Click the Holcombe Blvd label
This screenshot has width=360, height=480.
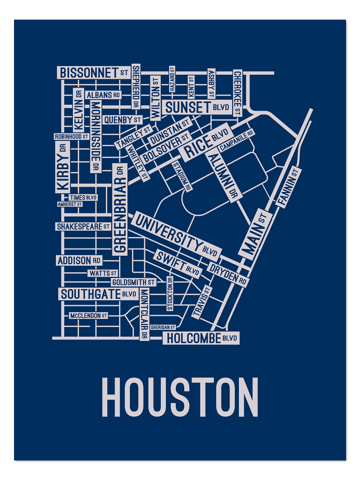[x=201, y=338]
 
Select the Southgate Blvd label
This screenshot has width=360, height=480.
[x=98, y=294]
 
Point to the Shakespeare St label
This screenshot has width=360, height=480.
[x=83, y=226]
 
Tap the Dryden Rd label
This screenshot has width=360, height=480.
[x=228, y=274]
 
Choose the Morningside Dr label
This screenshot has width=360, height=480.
[x=96, y=136]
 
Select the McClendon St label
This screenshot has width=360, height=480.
[x=88, y=316]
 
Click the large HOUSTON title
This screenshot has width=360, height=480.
[x=180, y=398]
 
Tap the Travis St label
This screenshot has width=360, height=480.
[x=202, y=302]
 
